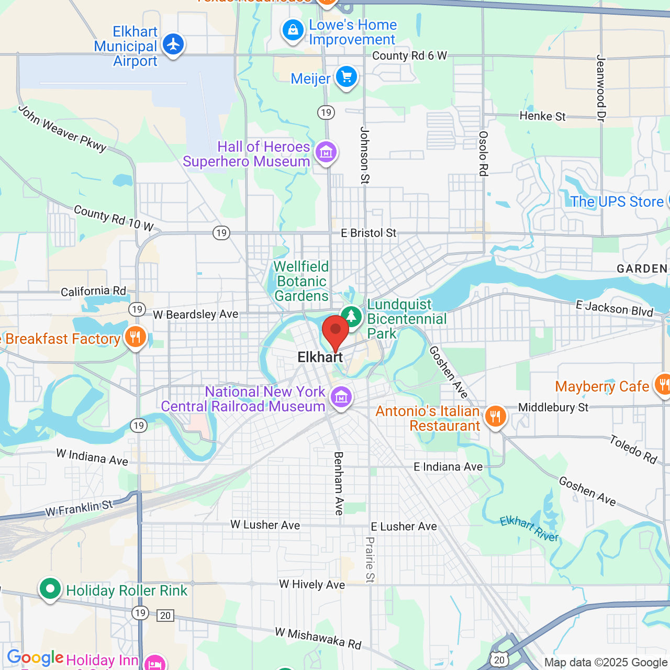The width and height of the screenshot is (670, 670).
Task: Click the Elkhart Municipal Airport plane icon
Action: [x=173, y=44]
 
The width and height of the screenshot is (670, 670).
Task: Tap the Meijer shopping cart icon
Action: [x=346, y=77]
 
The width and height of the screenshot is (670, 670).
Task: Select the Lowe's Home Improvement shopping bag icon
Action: [x=293, y=30]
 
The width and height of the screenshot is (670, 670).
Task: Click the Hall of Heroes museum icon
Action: [x=326, y=152]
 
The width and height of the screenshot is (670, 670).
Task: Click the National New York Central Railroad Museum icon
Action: [x=341, y=397]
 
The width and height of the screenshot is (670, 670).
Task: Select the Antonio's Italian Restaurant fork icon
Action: [x=495, y=417]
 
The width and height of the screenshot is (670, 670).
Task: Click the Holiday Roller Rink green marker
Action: [x=50, y=589]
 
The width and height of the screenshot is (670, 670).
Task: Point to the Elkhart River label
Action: [x=529, y=529]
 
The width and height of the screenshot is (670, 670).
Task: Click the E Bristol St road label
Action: [x=368, y=233]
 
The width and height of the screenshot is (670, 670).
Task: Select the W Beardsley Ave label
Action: [x=195, y=314]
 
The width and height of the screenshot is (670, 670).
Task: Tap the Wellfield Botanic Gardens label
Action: [x=301, y=281]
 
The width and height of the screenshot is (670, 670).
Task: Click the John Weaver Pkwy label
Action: [x=62, y=129]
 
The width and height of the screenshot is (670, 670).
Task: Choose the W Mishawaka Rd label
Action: [x=318, y=638]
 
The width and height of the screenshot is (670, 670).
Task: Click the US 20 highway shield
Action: [x=500, y=660]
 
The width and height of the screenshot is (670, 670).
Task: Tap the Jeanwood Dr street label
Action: [x=600, y=88]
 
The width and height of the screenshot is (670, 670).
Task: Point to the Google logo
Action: [x=35, y=657]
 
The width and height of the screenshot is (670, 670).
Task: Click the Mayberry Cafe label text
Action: [x=602, y=386]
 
